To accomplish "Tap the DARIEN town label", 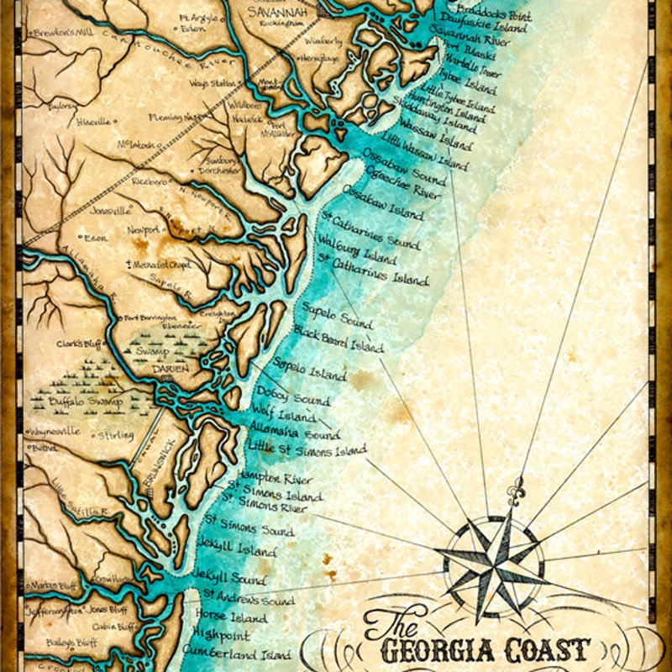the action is (x=170, y=368).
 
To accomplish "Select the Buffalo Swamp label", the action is (x=86, y=402).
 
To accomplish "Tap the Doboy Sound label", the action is (x=293, y=396).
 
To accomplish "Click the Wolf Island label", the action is (x=284, y=414).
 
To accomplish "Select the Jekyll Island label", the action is (x=236, y=549).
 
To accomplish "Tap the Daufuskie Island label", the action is (x=478, y=27).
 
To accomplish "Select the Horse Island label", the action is (x=230, y=618).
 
